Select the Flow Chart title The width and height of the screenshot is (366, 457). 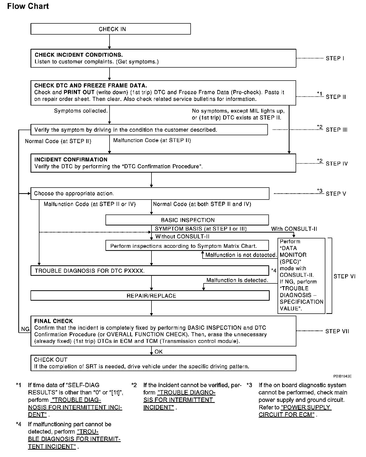pos(28,6)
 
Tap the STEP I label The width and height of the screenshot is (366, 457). pos(335,58)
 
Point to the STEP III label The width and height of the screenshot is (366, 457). pos(337,130)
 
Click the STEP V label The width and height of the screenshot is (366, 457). pos(336,194)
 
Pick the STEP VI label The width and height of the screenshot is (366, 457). pos(344,277)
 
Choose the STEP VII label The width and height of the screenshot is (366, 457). pos(337,331)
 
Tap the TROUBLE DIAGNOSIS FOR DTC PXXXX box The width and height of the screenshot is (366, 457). pos(149,271)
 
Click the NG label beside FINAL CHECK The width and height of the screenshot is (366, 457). pos(25,329)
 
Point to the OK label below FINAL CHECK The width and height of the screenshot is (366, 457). pos(159,352)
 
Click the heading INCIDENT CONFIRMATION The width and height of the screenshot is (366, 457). pos(71,160)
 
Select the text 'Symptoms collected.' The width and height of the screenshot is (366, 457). pos(81,111)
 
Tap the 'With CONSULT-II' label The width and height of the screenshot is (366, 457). pos(294,229)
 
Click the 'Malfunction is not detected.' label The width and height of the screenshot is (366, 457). pos(241,255)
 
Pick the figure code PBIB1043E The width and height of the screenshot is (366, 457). pos(342,376)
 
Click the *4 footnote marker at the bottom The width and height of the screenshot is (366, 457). pos(19,424)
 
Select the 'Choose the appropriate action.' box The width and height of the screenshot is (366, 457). pos(150,194)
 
